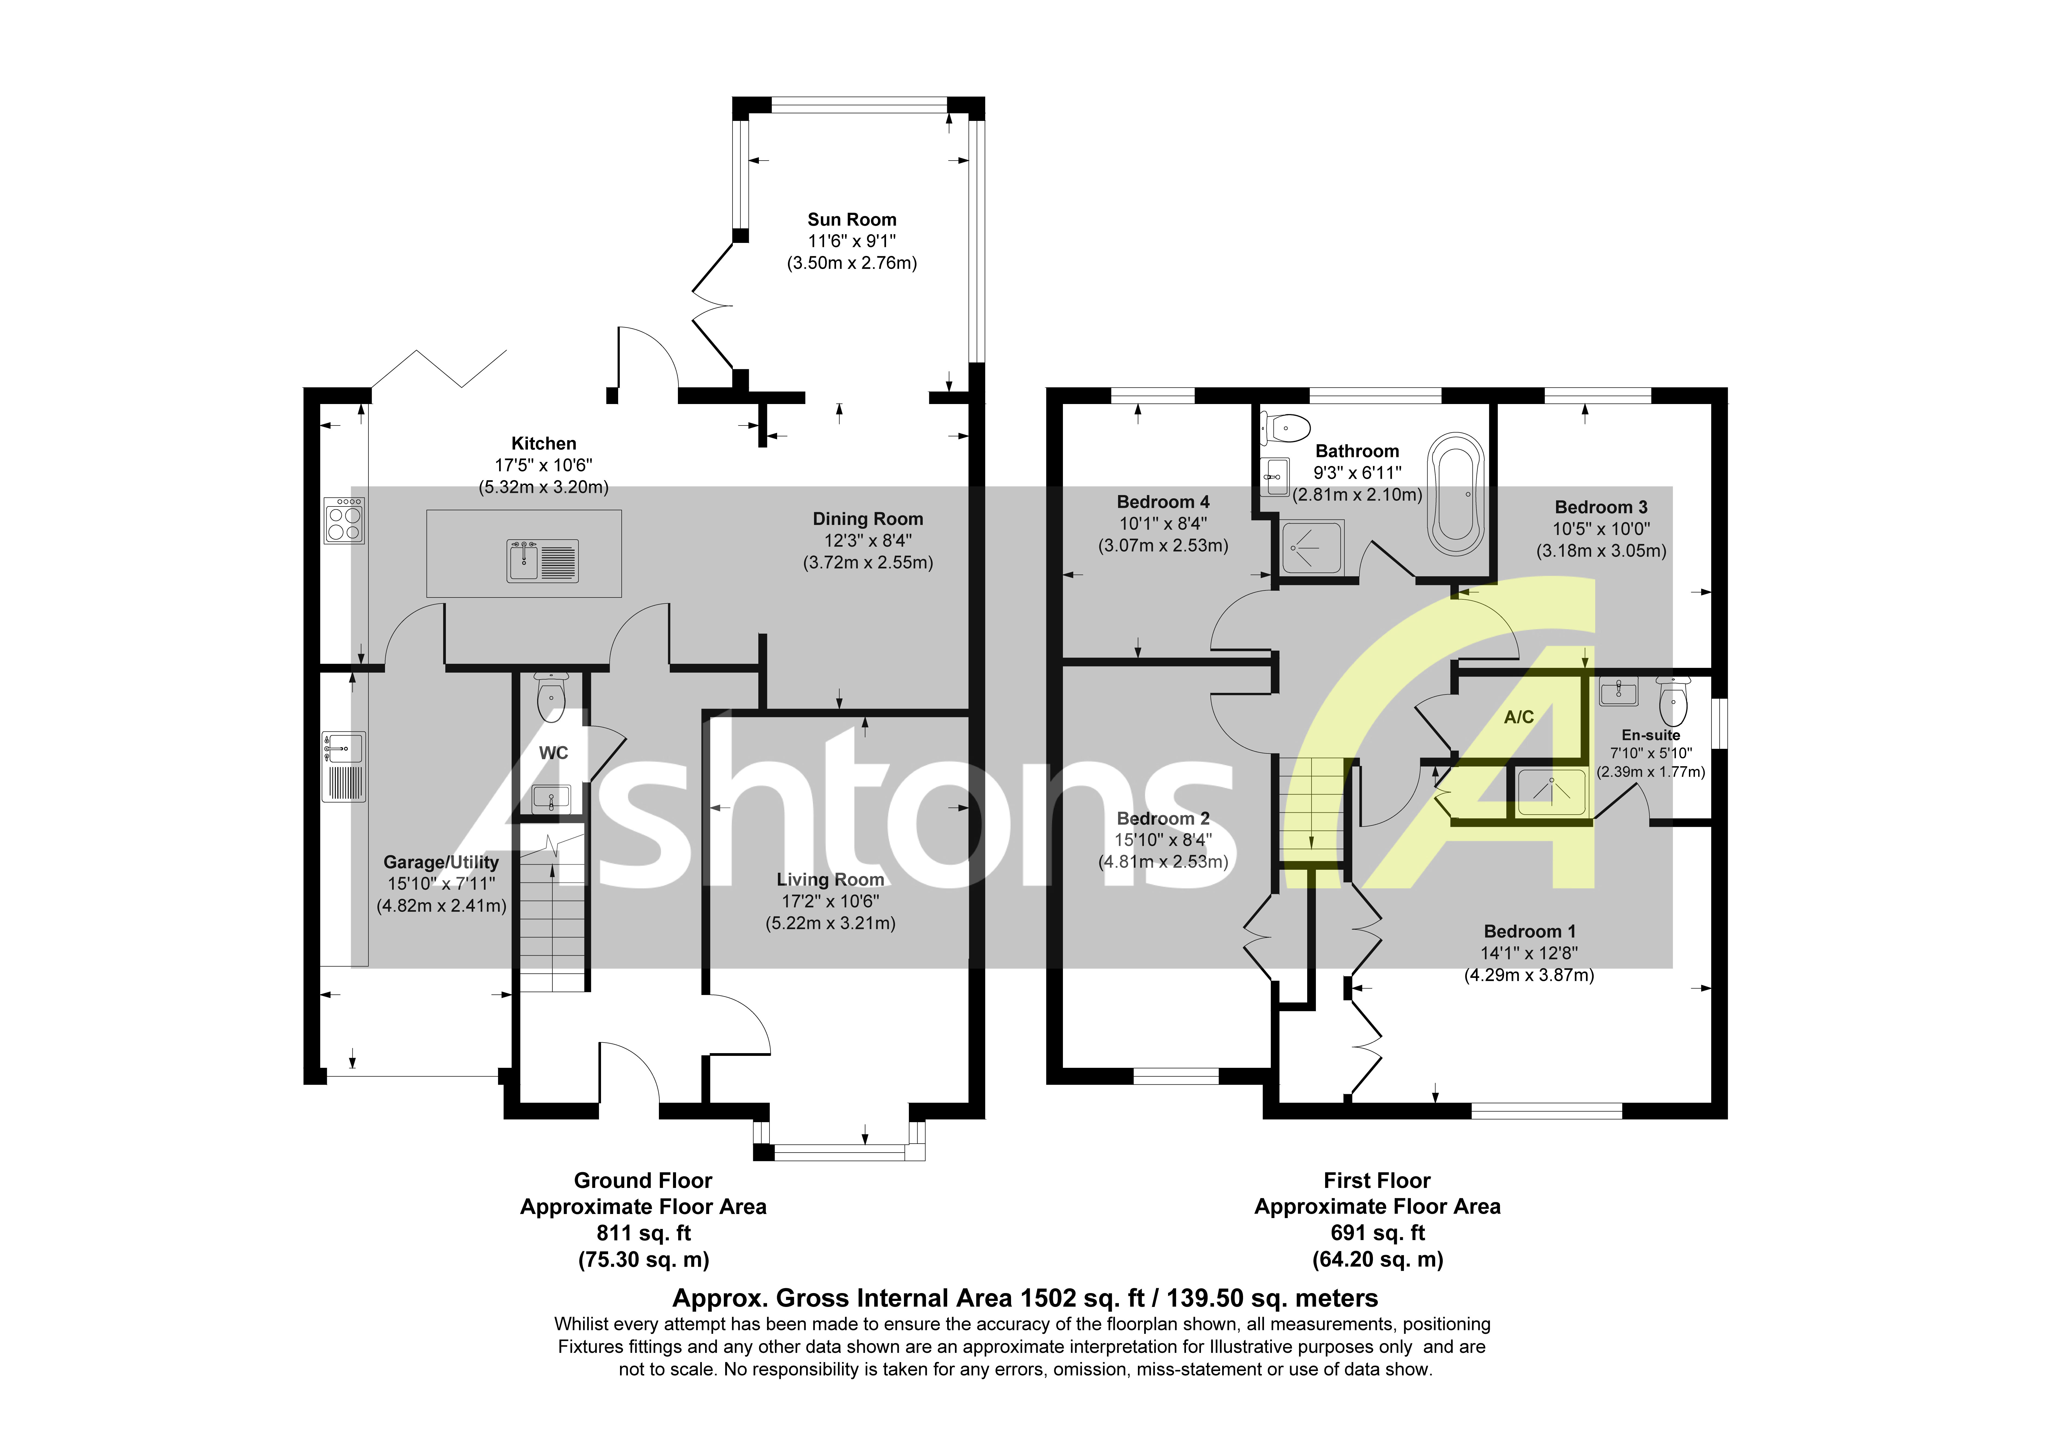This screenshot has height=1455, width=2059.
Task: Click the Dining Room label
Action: pos(867,520)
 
